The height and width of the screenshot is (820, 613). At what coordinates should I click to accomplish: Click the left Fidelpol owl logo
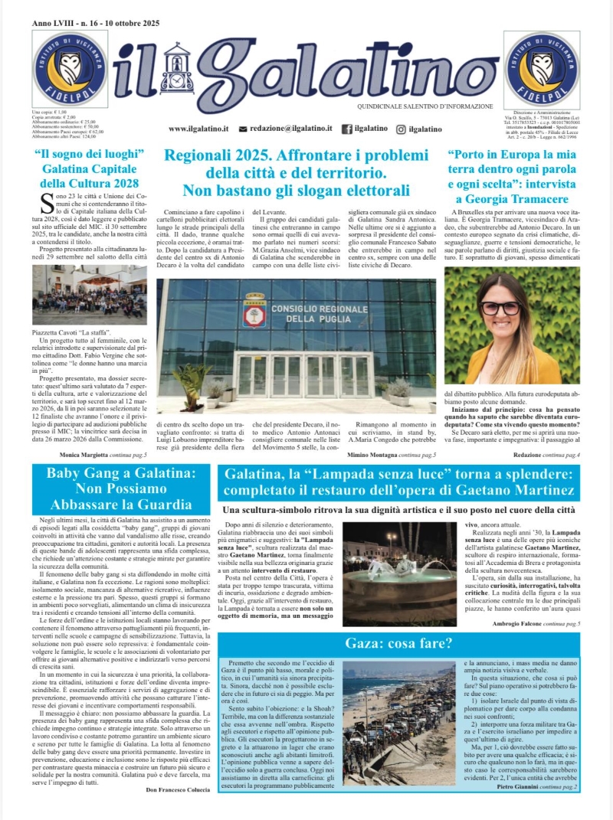[x=70, y=69]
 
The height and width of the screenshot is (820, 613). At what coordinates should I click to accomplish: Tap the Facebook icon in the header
[x=346, y=129]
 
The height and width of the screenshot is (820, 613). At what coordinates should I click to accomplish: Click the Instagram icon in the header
[x=401, y=129]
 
